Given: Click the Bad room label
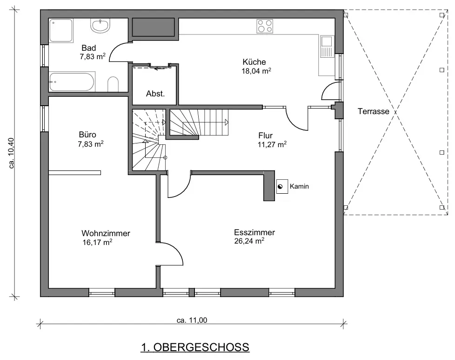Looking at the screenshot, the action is [88, 48].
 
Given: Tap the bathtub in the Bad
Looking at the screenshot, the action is [72, 82].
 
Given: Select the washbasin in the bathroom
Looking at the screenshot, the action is [100, 26].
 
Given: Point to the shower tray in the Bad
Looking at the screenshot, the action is [61, 31].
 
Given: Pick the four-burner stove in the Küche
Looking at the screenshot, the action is [265, 26].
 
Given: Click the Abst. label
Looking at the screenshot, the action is [155, 94].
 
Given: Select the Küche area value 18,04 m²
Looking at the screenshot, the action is [256, 71].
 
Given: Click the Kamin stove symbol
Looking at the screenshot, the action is [282, 187].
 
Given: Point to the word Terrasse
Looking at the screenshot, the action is [373, 111].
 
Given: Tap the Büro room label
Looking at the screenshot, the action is [87, 135].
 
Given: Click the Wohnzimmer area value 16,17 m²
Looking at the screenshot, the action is [97, 242].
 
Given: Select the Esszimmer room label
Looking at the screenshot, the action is [254, 232].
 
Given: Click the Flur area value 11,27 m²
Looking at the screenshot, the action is [272, 144].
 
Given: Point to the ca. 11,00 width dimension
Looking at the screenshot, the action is [192, 320].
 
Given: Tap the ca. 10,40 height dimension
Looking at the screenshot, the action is [12, 153].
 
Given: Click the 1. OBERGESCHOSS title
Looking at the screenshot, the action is [195, 347].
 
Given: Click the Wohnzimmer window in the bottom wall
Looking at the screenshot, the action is [102, 293].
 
